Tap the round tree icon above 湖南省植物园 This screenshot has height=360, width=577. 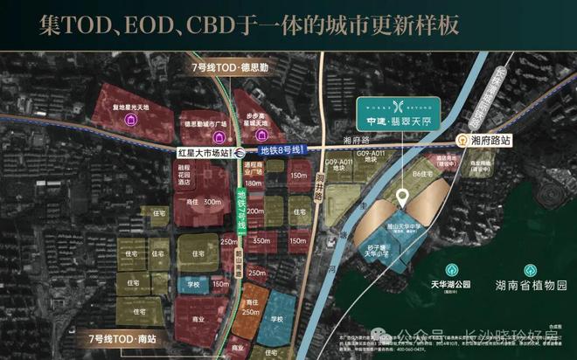coord(530,270)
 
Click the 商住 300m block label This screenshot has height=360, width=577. coord(199,201)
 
